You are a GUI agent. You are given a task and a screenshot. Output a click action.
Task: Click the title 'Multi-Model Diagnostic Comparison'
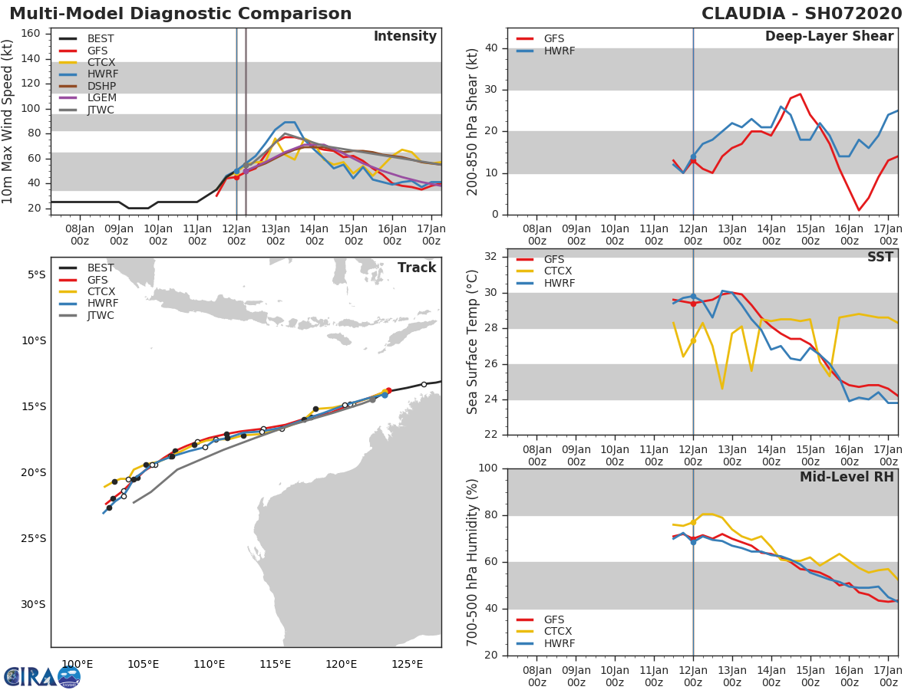pyautogui.click(x=180, y=14)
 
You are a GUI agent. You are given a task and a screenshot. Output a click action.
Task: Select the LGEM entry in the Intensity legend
pyautogui.click(x=101, y=97)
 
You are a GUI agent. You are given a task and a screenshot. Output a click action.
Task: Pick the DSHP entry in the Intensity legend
pyautogui.click(x=101, y=86)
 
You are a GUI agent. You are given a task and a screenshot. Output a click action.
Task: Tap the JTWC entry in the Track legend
pyautogui.click(x=101, y=315)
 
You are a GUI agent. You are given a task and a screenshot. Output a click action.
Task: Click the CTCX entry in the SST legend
pyautogui.click(x=557, y=271)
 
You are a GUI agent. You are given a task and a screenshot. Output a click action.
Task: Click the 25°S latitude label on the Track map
pyautogui.click(x=34, y=538)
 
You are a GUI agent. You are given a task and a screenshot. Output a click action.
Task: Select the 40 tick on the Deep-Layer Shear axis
pyautogui.click(x=491, y=48)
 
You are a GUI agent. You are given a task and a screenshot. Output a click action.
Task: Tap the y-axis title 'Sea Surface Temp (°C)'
pyautogui.click(x=473, y=342)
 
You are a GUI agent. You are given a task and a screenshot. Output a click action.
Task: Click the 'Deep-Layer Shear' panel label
pyautogui.click(x=829, y=37)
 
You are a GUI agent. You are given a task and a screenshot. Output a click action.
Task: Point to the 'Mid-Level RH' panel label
pyautogui.click(x=847, y=477)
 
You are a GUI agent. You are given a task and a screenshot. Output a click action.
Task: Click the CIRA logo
pyautogui.click(x=41, y=676)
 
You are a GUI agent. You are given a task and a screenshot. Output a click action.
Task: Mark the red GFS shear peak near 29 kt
pyautogui.click(x=800, y=94)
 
